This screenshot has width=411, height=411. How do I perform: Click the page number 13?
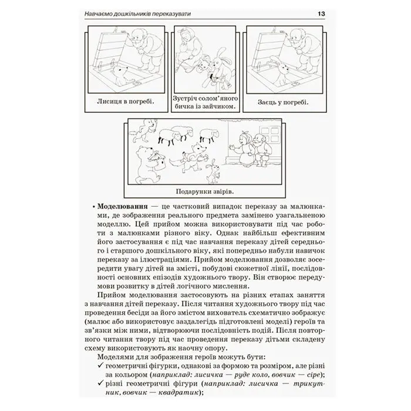coord(321,14)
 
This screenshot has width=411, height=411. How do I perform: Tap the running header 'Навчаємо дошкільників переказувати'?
coord(137,14)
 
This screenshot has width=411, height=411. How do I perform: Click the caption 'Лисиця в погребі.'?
coord(126,101)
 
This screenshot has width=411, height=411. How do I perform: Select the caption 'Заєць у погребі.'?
coord(283,102)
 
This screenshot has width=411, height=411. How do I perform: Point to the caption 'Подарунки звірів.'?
coord(205,191)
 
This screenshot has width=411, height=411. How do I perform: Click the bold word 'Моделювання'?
coord(122,206)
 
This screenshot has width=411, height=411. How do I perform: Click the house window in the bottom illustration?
coord(269,134)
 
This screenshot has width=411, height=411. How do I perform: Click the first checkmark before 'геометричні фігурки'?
coord(100,365)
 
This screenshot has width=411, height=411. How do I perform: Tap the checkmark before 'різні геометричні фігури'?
coord(100,383)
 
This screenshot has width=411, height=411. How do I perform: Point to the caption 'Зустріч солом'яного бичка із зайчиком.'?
coord(206,103)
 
